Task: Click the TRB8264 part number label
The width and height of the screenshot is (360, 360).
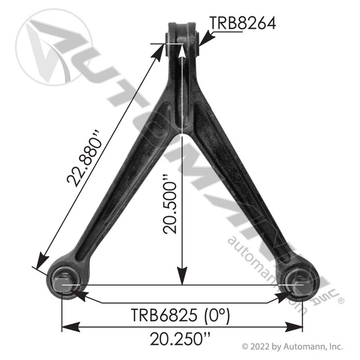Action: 243,23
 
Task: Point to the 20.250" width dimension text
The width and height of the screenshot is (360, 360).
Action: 180,339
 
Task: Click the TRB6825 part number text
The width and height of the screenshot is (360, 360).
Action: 164,316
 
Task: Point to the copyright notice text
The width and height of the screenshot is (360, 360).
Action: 292,346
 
